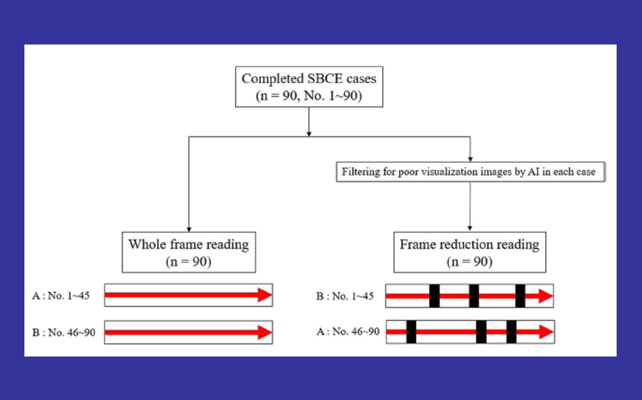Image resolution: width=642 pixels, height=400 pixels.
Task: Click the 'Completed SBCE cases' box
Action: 309,87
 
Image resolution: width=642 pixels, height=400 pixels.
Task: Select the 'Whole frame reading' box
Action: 189,252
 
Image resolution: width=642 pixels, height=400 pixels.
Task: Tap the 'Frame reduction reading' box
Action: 469,252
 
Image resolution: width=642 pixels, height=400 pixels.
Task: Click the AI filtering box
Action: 470,172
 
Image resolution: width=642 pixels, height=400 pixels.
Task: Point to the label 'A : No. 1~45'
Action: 61,296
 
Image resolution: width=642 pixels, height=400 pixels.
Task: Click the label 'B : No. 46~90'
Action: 64,332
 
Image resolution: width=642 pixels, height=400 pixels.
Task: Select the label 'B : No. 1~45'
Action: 345,296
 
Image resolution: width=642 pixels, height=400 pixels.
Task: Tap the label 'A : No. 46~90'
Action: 348,331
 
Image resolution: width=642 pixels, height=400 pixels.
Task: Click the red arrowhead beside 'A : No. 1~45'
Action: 264,295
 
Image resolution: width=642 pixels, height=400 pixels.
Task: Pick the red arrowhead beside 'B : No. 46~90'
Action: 264,332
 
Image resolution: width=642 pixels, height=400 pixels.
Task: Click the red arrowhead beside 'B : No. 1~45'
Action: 545,296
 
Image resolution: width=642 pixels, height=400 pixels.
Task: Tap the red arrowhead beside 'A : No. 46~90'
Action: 546,332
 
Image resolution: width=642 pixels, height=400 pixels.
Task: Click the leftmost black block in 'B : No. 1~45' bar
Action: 434,296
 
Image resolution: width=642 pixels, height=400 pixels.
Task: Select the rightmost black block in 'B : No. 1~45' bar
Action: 520,296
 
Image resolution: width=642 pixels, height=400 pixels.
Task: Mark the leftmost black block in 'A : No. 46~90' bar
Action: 411,332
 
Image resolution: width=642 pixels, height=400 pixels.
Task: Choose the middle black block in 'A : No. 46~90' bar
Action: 481,332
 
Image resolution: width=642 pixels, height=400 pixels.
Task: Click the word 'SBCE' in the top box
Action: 325,79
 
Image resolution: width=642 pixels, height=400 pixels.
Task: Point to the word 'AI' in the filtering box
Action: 533,172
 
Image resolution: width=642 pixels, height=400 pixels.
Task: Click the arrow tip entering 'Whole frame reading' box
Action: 189,230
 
